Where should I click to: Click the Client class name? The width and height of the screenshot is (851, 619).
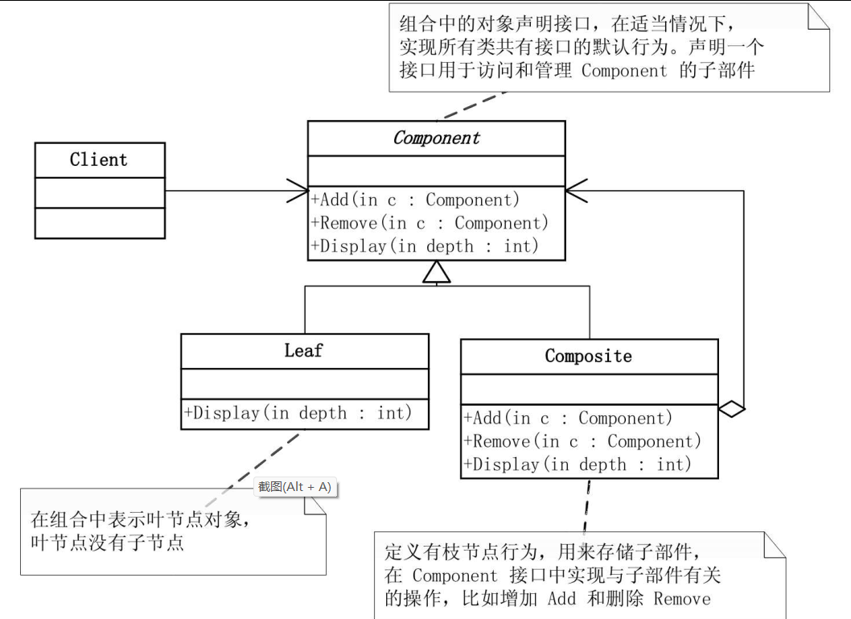point(99,159)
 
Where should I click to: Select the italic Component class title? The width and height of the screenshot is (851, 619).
point(436,138)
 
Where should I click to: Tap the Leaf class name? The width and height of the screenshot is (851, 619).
point(303,350)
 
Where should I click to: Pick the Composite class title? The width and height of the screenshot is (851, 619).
point(588,356)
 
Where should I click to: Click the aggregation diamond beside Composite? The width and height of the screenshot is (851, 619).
point(731,410)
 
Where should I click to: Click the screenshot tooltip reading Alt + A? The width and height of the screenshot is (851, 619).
point(294,487)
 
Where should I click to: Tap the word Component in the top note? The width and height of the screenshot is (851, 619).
point(624,70)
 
